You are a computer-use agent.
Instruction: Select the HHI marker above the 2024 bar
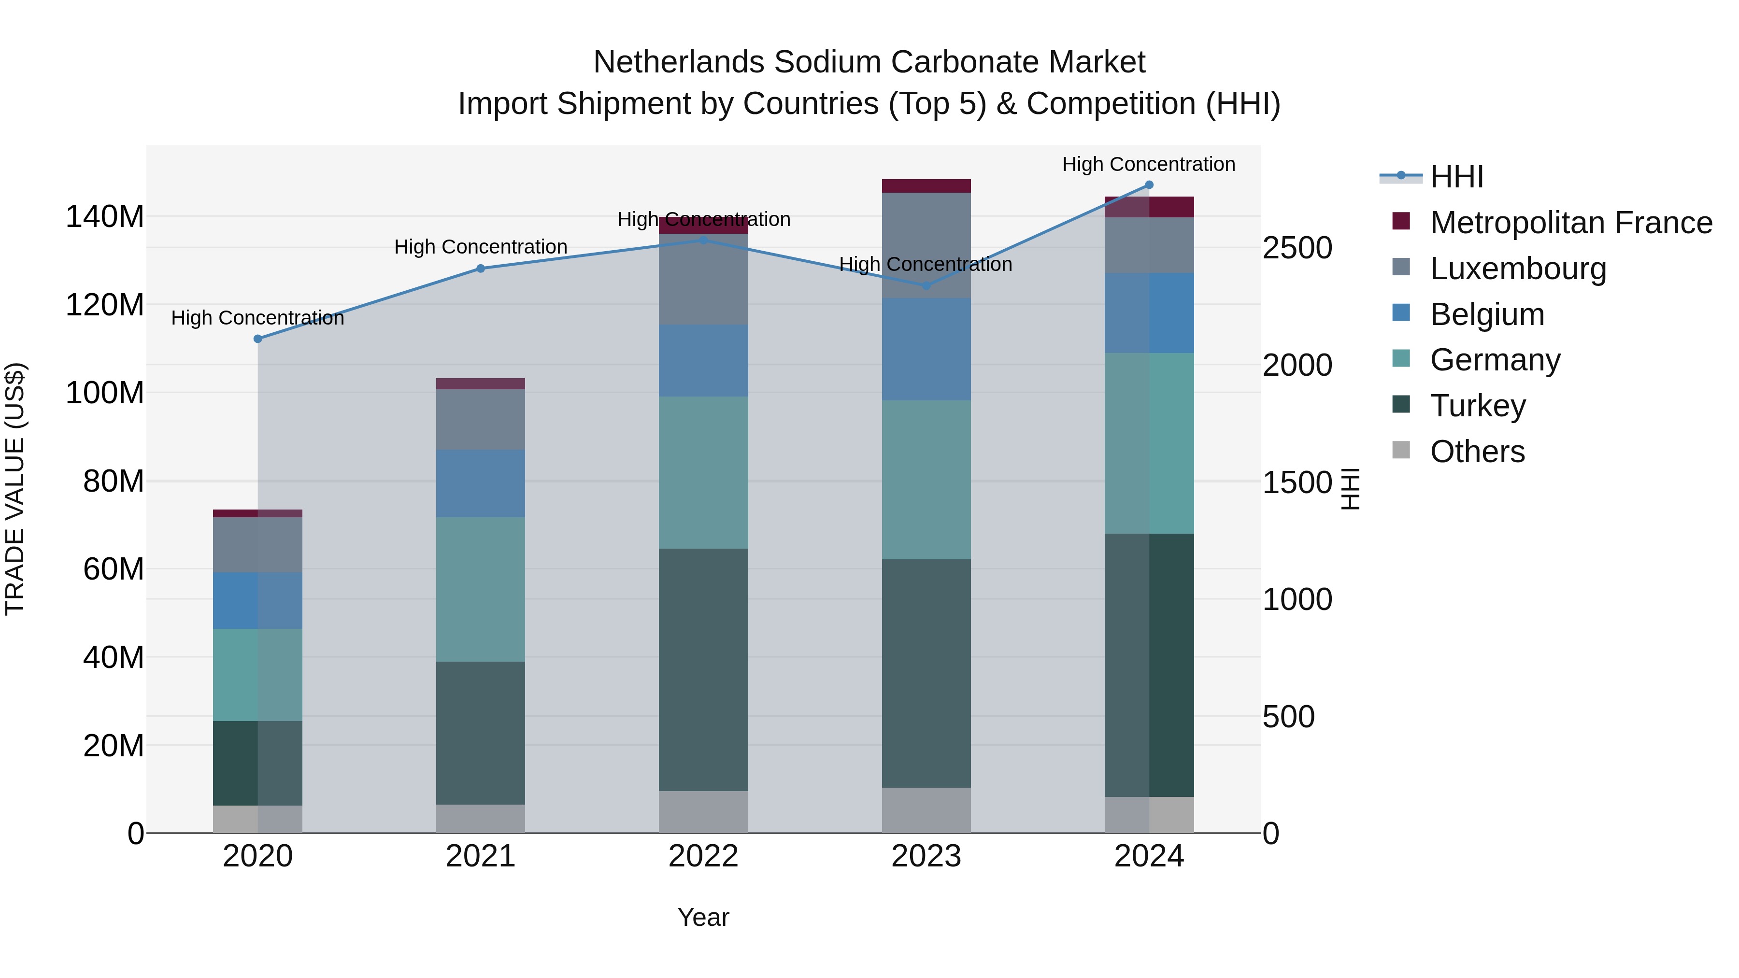(1149, 185)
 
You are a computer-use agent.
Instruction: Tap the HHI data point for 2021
(481, 269)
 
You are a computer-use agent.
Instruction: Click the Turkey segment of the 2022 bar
(703, 669)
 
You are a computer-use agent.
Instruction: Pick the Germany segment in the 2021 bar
(481, 589)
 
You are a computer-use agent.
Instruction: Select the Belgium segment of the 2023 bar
(926, 350)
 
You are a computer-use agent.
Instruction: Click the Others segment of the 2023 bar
(926, 810)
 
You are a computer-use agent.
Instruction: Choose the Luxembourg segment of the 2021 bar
(481, 419)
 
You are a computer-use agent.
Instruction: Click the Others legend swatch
(1401, 450)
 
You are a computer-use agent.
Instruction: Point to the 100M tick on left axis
(105, 393)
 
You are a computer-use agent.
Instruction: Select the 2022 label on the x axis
(703, 856)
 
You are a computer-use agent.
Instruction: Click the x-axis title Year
(703, 917)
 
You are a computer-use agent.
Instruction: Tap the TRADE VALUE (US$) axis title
(15, 489)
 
